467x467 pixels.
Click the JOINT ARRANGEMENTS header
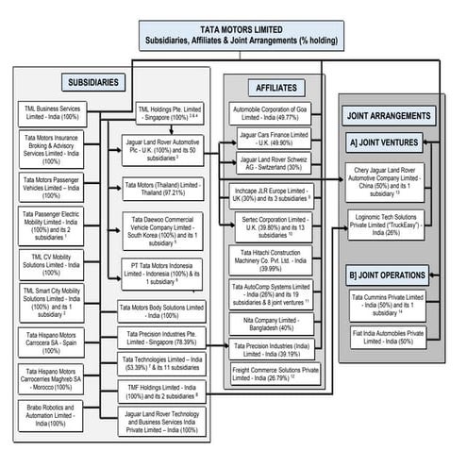pyautogui.click(x=396, y=117)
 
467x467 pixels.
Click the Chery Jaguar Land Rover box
pyautogui.click(x=396, y=179)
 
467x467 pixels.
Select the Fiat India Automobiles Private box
pyautogui.click(x=396, y=337)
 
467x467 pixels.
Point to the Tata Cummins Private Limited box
pyautogui.click(x=396, y=304)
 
